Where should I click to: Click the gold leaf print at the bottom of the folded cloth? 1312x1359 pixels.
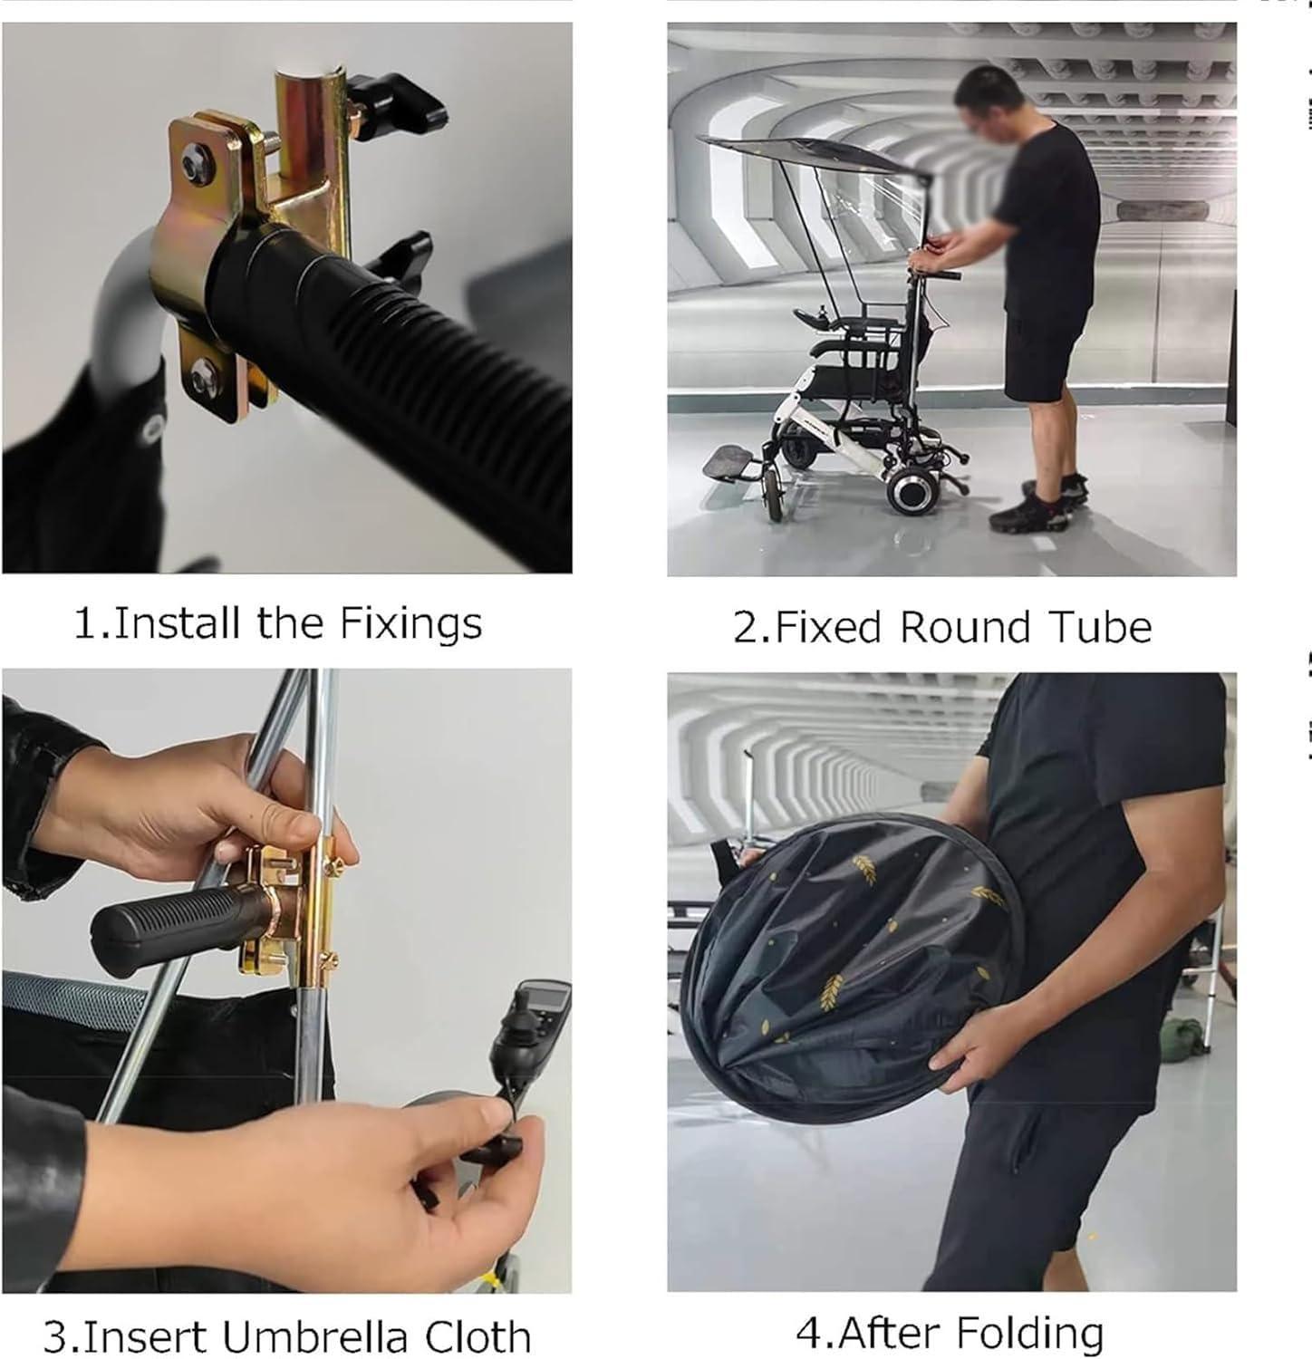pyautogui.click(x=831, y=992)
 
